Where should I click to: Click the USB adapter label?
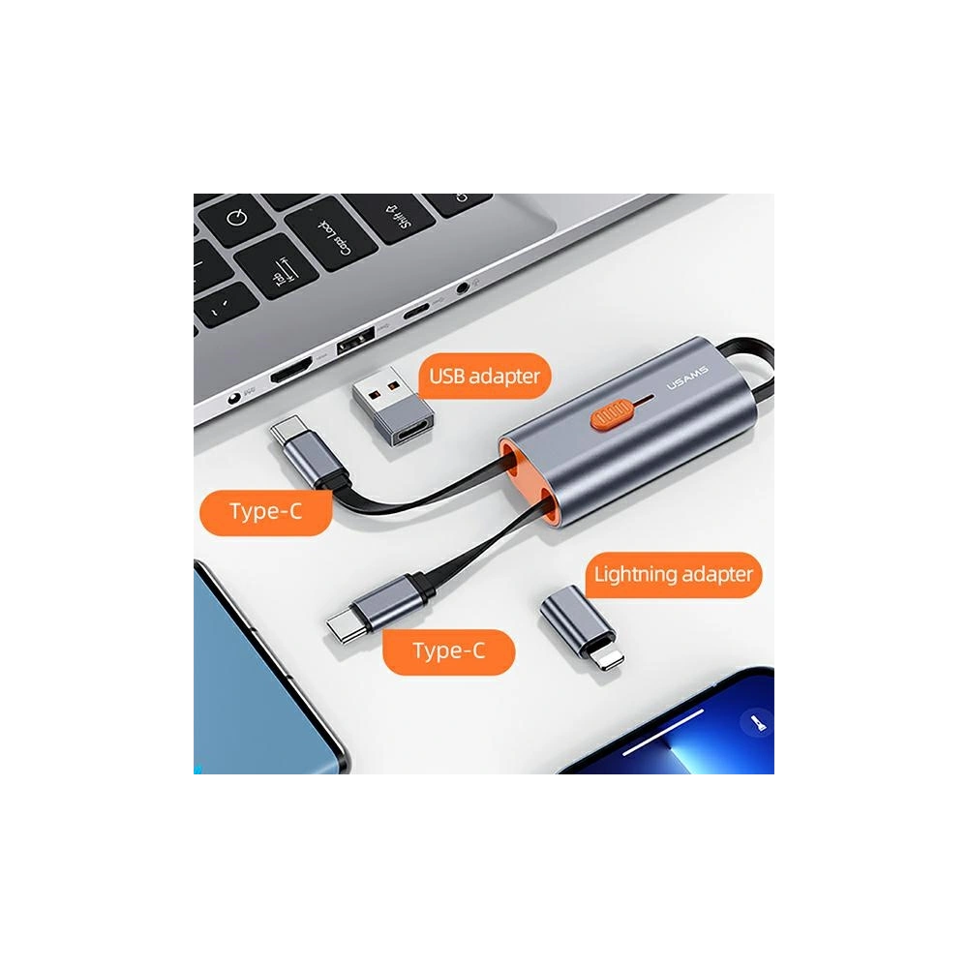[484, 376]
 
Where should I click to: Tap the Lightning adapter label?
[673, 574]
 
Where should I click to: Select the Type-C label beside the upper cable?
[266, 511]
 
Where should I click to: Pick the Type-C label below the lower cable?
[448, 650]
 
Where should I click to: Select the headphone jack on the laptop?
[471, 286]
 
